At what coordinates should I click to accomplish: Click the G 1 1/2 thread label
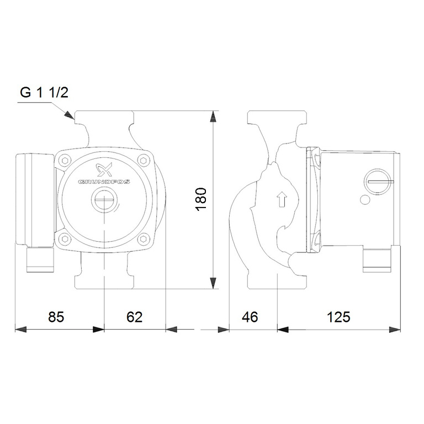(x=44, y=92)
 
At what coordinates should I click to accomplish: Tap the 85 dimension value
(x=56, y=317)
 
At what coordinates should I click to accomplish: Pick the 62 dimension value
(x=134, y=317)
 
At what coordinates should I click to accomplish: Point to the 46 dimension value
(x=250, y=317)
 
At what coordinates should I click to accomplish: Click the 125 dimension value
(x=338, y=317)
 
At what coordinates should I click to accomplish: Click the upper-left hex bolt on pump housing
(x=65, y=161)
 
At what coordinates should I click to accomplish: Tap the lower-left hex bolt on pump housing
(x=65, y=239)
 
